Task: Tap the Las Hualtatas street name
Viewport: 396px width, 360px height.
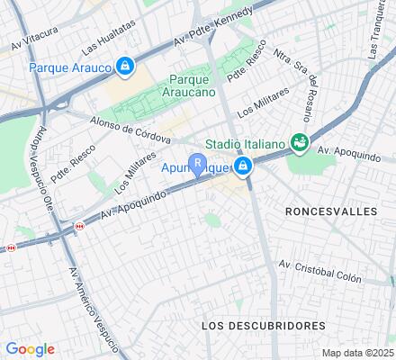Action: coord(101,40)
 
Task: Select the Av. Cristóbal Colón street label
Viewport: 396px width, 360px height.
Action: coord(319,271)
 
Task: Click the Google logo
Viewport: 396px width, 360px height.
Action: coord(31,349)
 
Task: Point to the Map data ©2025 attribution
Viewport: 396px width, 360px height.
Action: coord(357,352)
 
